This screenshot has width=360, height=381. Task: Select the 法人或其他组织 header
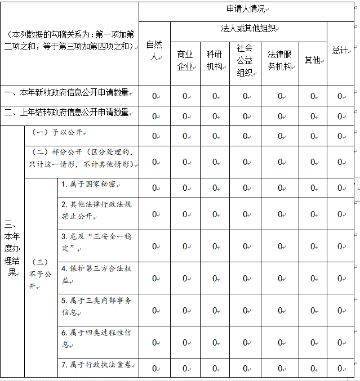pyautogui.click(x=248, y=29)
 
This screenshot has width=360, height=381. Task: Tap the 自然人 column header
pyautogui.click(x=154, y=51)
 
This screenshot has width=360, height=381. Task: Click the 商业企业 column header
pyautogui.click(x=185, y=60)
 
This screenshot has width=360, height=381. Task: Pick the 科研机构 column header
pyautogui.click(x=215, y=60)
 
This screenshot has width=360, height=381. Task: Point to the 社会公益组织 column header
pyautogui.click(x=245, y=60)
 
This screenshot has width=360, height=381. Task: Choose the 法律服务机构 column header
pyautogui.click(x=279, y=60)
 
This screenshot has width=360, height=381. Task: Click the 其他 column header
pyautogui.click(x=313, y=60)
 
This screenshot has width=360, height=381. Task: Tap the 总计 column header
pyautogui.click(x=340, y=50)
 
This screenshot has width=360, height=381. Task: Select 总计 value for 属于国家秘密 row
pyautogui.click(x=340, y=188)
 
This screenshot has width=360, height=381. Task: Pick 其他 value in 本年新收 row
pyautogui.click(x=313, y=96)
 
